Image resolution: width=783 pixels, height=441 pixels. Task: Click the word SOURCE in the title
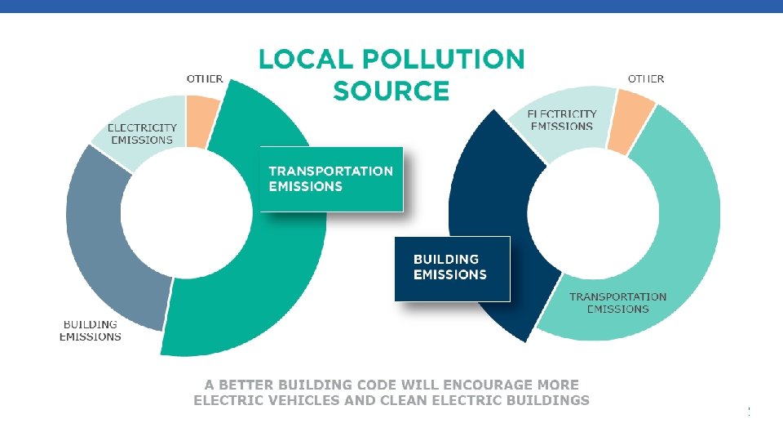click(391, 91)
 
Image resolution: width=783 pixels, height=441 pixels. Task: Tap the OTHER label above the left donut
click(205, 79)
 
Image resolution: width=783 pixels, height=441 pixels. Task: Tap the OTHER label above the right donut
click(645, 79)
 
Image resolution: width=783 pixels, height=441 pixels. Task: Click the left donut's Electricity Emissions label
click(142, 134)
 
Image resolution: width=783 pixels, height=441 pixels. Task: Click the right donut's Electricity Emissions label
click(562, 120)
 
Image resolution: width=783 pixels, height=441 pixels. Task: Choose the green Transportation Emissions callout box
click(331, 179)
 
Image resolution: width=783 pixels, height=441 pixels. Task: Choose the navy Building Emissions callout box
click(452, 268)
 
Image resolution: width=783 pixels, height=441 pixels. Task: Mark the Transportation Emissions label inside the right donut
click(617, 303)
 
